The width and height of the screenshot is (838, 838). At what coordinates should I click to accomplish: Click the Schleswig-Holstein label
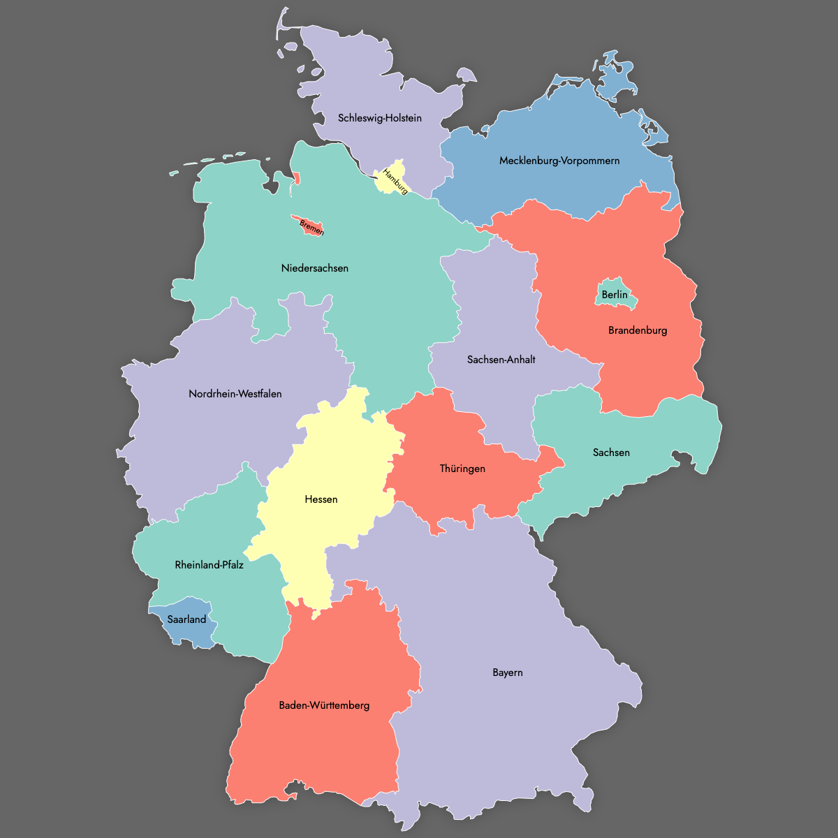pos(380,118)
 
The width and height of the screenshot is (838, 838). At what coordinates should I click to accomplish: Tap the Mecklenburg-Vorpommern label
pos(559,161)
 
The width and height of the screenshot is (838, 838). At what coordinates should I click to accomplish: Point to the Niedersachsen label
pos(315,268)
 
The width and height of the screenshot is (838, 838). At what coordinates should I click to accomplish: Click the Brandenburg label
pos(638,330)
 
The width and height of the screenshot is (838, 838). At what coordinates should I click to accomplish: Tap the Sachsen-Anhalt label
pos(501,360)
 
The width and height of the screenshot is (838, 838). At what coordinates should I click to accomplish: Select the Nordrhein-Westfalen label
pos(235,394)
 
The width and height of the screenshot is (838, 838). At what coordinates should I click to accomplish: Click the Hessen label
pos(321,499)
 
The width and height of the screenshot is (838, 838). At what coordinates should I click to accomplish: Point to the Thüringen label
pos(462,469)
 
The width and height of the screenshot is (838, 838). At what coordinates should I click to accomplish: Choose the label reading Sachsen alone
pos(611,453)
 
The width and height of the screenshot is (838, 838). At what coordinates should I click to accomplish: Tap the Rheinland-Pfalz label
pos(209,565)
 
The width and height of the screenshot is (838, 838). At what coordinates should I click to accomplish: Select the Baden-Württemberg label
pos(324,705)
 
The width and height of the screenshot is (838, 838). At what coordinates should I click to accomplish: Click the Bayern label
pos(508,672)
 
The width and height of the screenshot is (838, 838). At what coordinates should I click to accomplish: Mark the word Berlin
pos(615,295)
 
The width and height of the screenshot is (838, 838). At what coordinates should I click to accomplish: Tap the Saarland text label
pos(187,619)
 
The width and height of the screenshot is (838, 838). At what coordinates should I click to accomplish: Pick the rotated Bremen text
pos(311,228)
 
